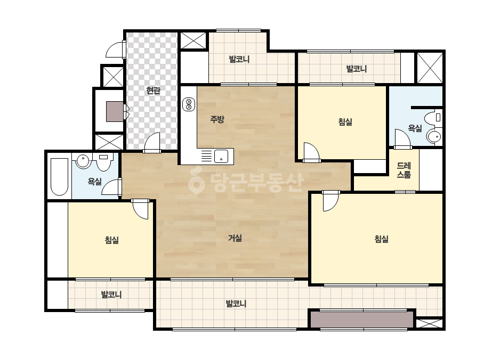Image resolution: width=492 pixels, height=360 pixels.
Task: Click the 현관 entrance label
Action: pos(154,91)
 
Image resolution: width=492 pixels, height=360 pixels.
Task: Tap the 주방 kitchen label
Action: pos(217,119)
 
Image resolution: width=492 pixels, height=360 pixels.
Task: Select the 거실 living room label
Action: pos(235,239)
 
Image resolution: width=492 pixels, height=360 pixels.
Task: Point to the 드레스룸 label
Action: pos(404,170)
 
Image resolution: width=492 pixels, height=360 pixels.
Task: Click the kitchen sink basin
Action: pos(221,156)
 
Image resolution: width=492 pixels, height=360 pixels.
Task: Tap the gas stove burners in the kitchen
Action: pos(189,104)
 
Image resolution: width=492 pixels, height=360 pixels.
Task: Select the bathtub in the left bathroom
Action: pos(59,177)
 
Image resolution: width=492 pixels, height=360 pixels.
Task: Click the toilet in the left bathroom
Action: pos(103,162)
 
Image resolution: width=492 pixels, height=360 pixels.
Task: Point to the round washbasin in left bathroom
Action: pos(83,161)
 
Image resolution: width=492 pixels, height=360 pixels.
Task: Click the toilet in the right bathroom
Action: pos(433,118)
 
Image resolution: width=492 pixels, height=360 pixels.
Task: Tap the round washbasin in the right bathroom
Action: pos(434,136)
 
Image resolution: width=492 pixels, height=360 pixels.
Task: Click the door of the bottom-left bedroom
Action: pos(140,209)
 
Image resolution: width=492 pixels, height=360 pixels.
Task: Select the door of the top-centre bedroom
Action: pos(311,153)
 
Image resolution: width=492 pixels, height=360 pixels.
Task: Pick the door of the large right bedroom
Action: pos(330,201)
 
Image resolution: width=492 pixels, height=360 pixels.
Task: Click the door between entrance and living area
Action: pos(152,143)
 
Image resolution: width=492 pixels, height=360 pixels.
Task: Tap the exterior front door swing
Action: pos(116,50)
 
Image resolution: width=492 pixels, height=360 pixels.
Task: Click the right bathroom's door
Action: pos(403,139)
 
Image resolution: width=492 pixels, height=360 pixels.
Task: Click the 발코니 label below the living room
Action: pos(236,304)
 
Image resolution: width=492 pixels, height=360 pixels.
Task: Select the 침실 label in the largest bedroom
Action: pos(382,239)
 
